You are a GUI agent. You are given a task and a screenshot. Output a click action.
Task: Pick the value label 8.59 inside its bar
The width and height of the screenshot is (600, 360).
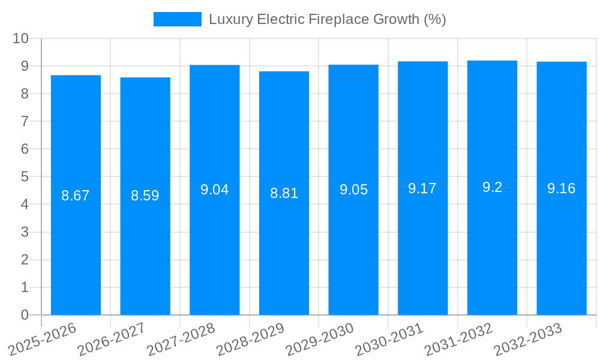pyautogui.click(x=145, y=196)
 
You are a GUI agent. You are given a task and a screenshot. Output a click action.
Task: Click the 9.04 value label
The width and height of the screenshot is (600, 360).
pyautogui.click(x=214, y=190)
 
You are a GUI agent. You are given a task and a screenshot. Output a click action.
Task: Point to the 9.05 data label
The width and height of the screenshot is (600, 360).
pyautogui.click(x=353, y=190)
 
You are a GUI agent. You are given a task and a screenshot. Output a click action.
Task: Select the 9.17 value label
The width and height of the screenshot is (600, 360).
pyautogui.click(x=422, y=188)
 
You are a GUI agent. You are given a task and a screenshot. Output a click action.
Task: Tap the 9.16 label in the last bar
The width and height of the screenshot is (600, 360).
pyautogui.click(x=561, y=188)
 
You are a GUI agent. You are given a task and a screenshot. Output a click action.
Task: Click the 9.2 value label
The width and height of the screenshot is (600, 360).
pyautogui.click(x=492, y=187)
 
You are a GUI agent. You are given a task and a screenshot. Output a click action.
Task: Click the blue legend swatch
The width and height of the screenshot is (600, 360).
pyautogui.click(x=177, y=19)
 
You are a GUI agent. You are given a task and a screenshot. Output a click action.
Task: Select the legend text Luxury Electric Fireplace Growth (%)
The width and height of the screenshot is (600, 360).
pyautogui.click(x=327, y=19)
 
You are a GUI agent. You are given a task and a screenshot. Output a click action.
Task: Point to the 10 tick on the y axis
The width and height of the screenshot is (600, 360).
pyautogui.click(x=21, y=38)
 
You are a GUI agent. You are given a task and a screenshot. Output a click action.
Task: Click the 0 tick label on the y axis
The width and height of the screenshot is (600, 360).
pyautogui.click(x=25, y=315)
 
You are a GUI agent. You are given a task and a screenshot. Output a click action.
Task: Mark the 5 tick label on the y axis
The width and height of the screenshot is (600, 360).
pyautogui.click(x=25, y=177)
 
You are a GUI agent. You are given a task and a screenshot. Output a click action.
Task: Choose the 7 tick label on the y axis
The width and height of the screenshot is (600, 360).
pyautogui.click(x=25, y=121)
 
